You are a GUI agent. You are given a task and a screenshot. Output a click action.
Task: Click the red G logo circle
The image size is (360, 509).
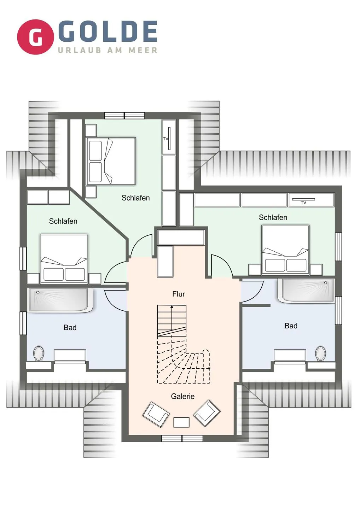[x=35, y=37]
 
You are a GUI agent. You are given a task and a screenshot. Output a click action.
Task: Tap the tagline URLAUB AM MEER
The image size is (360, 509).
[x=108, y=50]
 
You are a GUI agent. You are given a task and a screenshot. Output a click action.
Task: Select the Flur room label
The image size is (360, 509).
[x=179, y=294]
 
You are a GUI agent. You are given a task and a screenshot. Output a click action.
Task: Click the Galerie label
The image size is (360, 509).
[x=182, y=397]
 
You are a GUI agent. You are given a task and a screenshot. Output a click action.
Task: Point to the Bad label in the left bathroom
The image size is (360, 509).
[x=70, y=328]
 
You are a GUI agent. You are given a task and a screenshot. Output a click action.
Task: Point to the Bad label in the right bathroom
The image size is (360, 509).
[x=291, y=326]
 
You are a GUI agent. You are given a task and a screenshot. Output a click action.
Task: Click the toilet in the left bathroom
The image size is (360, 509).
[x=39, y=353]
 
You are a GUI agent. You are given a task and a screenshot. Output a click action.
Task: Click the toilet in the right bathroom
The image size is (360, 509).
[x=320, y=353]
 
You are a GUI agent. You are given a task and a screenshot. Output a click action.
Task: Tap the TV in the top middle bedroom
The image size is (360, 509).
[x=169, y=139]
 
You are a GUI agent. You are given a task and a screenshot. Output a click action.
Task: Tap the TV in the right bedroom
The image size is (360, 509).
[x=303, y=200]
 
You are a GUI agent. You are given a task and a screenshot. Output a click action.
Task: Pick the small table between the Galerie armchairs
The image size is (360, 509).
[x=181, y=422]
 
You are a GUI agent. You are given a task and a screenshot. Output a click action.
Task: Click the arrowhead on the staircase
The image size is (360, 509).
[x=172, y=308]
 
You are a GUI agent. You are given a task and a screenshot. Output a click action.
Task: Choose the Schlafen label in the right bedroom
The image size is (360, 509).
[x=273, y=217]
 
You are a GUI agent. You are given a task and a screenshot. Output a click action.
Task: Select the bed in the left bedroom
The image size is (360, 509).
[x=64, y=258]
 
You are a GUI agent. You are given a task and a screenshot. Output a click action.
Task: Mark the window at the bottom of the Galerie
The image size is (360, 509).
[x=182, y=438]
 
